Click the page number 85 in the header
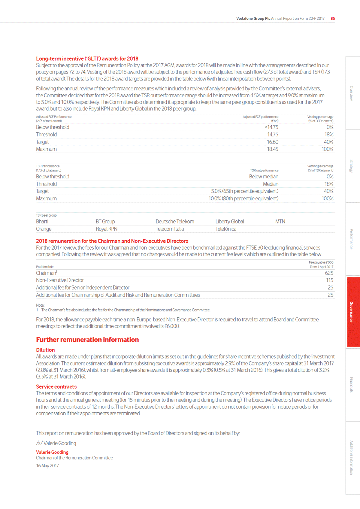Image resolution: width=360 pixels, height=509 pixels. click(x=333, y=18)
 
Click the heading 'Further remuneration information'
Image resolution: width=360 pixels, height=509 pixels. click(x=87, y=340)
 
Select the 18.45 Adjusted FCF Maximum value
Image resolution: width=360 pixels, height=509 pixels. click(x=273, y=149)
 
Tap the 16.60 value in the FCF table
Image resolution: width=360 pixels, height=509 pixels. click(x=273, y=142)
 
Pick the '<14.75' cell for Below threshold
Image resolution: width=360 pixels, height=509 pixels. click(x=271, y=127)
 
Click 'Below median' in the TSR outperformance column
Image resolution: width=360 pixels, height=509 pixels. click(x=264, y=177)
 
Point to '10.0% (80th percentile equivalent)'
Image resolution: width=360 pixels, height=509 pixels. click(x=243, y=198)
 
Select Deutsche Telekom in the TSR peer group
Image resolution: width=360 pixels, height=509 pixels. click(x=175, y=222)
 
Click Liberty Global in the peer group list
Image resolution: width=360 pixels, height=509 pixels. click(x=230, y=222)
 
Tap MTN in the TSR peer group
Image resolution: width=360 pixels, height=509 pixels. click(x=280, y=222)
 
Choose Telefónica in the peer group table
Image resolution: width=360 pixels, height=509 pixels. click(x=226, y=229)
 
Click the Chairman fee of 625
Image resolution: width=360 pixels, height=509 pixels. click(x=329, y=273)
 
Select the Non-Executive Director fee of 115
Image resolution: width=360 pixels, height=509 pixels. click(x=330, y=280)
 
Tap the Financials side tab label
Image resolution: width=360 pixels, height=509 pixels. click(x=351, y=385)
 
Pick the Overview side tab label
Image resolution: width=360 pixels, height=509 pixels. click(x=351, y=93)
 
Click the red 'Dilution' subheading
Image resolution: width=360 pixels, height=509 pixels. click(x=45, y=350)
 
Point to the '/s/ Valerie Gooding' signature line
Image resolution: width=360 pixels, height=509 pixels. click(x=56, y=443)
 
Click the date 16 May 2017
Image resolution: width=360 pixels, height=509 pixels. click(x=47, y=466)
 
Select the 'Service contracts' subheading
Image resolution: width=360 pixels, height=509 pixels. click(x=56, y=387)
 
